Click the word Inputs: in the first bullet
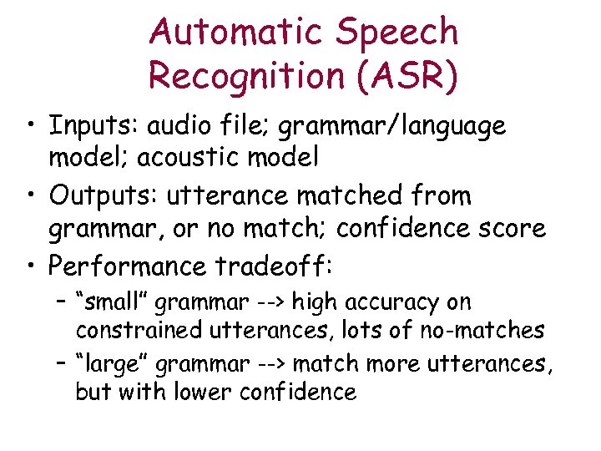coord(93,126)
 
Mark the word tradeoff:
coord(273,266)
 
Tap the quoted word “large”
coord(111,364)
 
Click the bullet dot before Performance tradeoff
coord(31,266)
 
